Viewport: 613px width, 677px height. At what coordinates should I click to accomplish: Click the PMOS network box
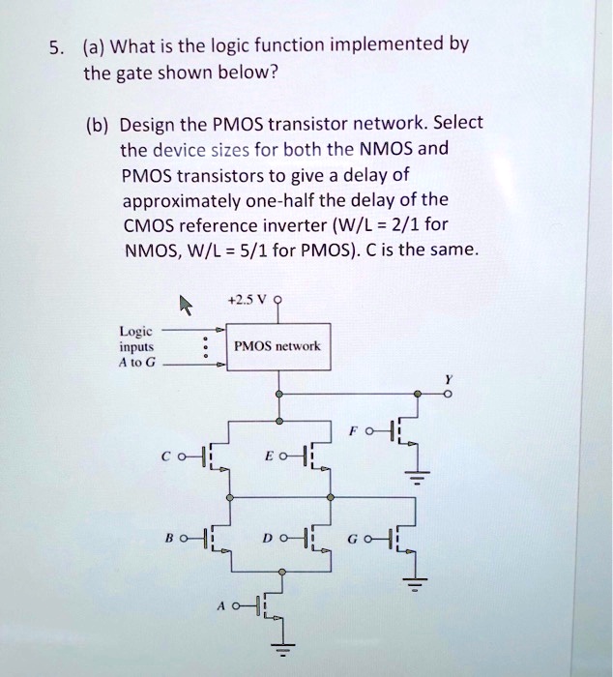278,345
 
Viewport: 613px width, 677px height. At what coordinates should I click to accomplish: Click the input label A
222,607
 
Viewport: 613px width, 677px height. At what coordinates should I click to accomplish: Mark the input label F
370,432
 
